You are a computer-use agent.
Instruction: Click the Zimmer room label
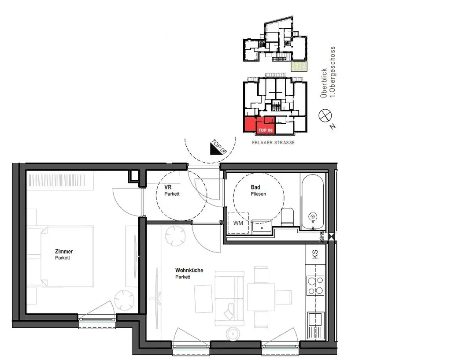point(64,252)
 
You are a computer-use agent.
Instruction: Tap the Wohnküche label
point(189,270)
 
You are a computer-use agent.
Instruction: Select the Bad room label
point(255,187)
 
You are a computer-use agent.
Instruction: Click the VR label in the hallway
point(168,187)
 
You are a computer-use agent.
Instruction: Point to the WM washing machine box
point(238,223)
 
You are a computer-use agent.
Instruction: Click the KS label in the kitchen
point(315,255)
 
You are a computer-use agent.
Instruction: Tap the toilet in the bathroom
point(288,216)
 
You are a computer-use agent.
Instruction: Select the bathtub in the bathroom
point(313,201)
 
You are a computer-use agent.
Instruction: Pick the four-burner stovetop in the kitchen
point(315,285)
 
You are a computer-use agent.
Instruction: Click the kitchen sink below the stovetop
point(315,324)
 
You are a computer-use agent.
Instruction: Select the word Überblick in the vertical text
point(324,84)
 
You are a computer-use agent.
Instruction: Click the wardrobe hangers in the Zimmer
point(60,180)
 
